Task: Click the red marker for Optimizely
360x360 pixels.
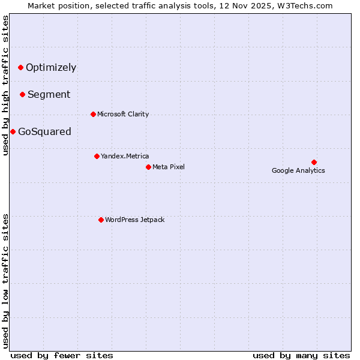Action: point(20,67)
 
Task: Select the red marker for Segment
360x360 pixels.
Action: point(22,94)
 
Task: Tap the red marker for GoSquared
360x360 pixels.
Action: point(13,131)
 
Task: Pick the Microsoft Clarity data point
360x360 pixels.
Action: point(93,114)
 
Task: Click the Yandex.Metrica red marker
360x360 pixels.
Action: point(97,156)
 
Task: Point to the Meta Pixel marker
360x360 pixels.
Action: point(148,167)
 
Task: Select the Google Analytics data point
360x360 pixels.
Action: point(314,162)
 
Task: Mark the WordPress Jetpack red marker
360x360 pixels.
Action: point(101,220)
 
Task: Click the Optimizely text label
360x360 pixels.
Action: point(51,67)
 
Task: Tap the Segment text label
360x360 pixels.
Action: point(49,94)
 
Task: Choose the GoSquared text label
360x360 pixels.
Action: point(44,132)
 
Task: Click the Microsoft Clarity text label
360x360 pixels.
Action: point(123,114)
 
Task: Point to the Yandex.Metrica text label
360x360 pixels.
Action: point(125,156)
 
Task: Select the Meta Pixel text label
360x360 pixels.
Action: point(169,167)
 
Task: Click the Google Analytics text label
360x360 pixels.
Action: point(298,170)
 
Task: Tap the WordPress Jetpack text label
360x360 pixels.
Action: point(134,220)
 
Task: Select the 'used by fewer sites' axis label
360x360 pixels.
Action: point(62,355)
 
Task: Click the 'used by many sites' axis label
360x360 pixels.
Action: point(301,355)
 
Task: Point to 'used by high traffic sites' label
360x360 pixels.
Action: point(5,85)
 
